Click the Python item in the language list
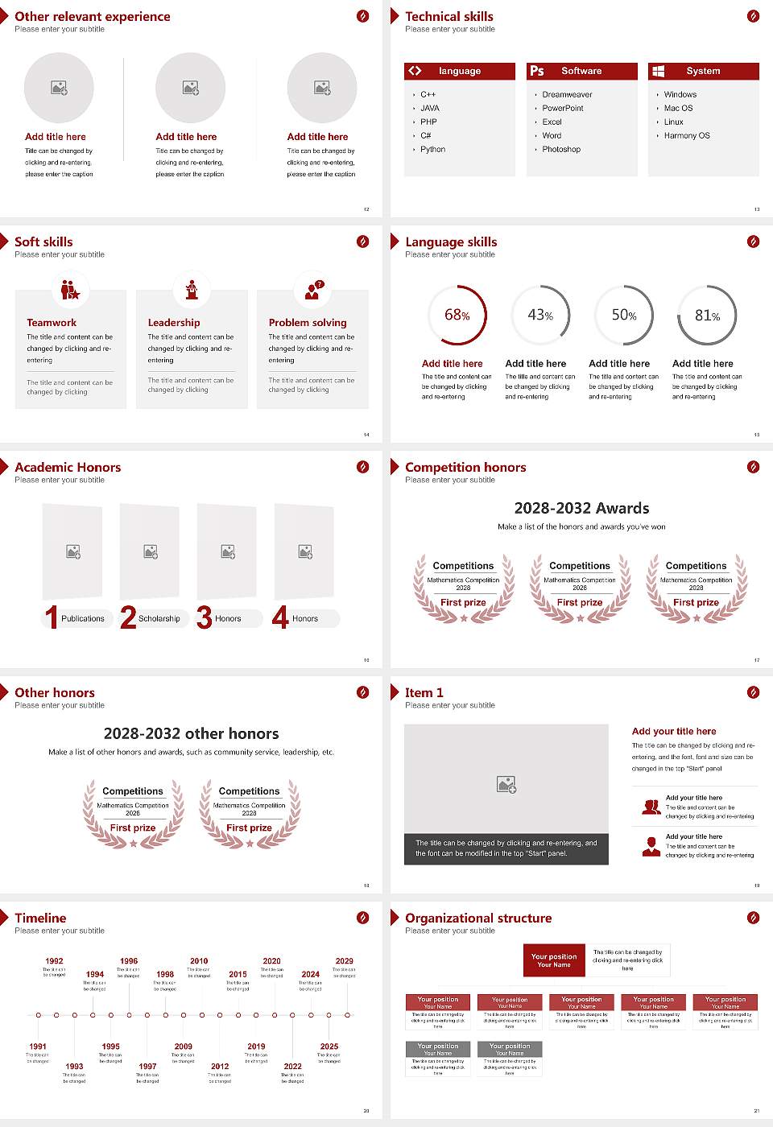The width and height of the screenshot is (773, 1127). point(432,150)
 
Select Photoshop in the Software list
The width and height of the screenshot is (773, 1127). point(561,150)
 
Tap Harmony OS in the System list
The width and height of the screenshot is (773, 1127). point(687,136)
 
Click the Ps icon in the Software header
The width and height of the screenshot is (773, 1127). point(537,71)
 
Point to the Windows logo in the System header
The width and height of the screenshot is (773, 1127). point(658,71)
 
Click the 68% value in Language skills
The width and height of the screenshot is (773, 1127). point(457,316)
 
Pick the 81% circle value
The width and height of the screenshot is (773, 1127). point(707,316)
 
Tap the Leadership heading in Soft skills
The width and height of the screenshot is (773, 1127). point(174,323)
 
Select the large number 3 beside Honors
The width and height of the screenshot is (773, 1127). point(205,618)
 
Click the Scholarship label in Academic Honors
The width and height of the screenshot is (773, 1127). point(159,619)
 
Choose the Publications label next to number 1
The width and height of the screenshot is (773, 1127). point(83,619)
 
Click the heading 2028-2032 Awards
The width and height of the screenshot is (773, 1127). point(581,509)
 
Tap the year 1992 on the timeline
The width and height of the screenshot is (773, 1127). point(54,961)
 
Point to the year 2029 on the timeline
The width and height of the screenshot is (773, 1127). point(344,961)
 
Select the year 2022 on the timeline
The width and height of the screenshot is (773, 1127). point(292,1067)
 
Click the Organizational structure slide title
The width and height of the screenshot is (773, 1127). point(478,919)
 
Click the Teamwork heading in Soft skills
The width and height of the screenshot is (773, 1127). point(52,323)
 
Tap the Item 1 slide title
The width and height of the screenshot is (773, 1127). point(424,693)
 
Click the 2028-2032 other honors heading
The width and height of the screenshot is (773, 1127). point(191,734)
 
